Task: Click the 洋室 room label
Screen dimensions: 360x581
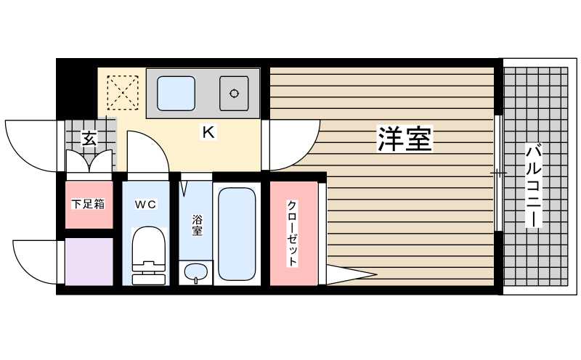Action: [405, 139]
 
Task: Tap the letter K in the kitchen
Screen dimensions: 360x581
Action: [208, 133]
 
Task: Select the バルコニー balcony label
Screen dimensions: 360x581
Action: [533, 185]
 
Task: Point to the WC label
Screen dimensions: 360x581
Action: [145, 204]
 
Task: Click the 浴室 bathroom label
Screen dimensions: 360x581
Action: [197, 225]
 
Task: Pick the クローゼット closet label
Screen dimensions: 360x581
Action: [293, 232]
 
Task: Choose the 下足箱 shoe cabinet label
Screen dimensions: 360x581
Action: [88, 204]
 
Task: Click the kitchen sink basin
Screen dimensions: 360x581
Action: [176, 93]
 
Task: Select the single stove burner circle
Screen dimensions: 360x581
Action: [235, 93]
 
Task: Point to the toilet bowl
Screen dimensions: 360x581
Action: [150, 243]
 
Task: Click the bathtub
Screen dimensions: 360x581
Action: [237, 234]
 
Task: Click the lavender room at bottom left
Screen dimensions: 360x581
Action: [89, 261]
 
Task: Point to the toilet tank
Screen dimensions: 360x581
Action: [150, 276]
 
